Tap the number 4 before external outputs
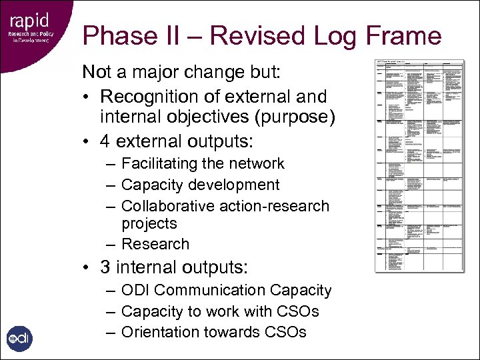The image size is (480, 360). [106, 141]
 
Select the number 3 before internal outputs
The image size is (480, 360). [106, 267]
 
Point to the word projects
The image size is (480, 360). [149, 223]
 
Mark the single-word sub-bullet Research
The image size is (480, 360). [155, 244]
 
